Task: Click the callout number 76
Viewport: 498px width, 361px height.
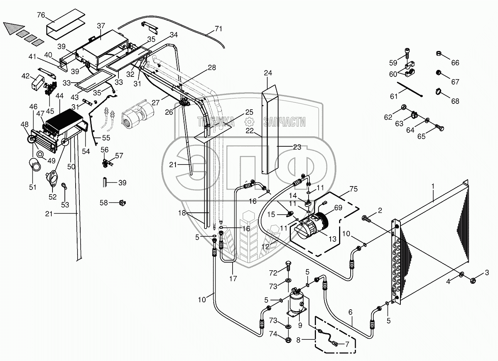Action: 41,15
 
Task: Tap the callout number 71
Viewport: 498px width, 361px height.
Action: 218,29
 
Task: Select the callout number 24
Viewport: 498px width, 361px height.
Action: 268,73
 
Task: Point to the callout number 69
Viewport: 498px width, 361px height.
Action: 338,208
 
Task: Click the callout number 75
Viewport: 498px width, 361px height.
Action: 353,189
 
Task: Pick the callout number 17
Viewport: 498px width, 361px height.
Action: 233,278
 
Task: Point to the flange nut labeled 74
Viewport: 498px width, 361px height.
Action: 289,340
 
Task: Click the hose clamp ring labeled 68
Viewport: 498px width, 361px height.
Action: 439,91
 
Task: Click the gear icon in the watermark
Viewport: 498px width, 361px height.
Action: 249,122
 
